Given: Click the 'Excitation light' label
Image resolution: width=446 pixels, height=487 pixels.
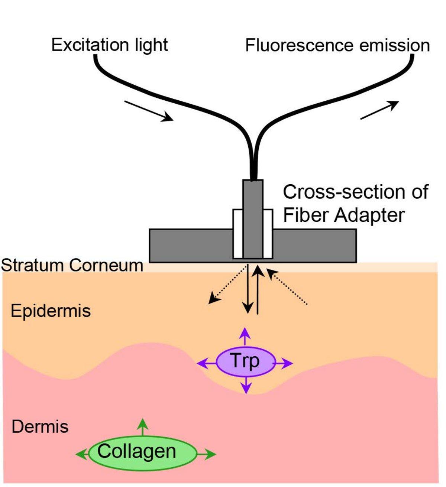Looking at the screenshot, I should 109,45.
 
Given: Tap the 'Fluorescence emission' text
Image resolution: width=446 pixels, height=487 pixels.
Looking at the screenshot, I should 337,46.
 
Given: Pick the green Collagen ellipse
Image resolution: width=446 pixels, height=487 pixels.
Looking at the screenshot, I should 142,452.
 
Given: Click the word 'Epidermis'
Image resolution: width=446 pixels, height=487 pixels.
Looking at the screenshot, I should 51,311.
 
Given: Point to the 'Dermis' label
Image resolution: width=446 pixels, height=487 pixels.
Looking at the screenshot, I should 40,426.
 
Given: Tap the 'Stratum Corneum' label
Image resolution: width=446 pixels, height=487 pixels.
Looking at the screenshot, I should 72,266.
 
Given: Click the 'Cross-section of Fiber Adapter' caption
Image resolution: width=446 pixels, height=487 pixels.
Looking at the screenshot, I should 355,204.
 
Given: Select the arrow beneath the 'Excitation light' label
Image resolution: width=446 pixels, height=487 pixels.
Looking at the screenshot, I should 149,111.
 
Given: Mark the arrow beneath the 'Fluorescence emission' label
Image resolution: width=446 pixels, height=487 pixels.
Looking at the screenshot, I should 379,110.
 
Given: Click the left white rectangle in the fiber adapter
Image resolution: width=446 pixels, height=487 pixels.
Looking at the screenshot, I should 238,234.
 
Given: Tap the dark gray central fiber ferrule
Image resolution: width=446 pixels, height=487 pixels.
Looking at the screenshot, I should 253,219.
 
